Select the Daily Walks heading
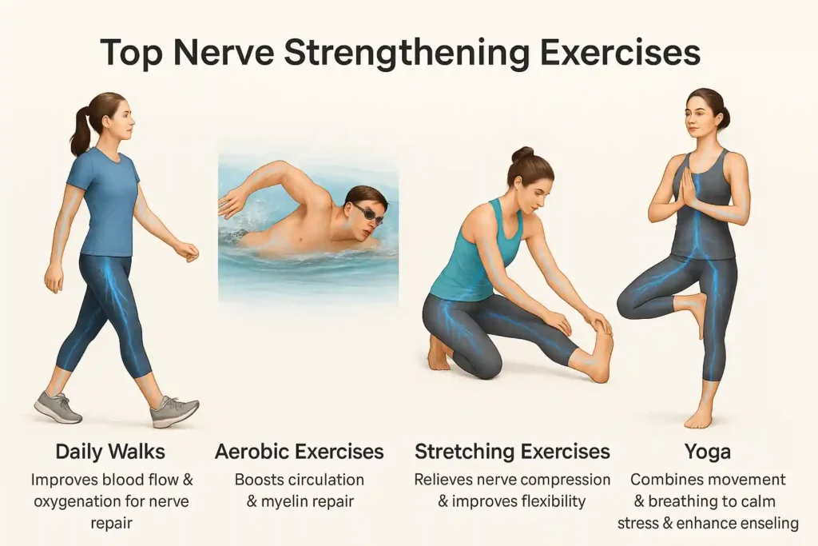coord(110,452)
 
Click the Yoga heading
coord(708,452)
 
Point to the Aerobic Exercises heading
coord(300,452)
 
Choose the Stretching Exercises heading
coord(512,452)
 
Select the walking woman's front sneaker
coord(174,412)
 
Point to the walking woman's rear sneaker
coord(58,407)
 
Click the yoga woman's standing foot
coord(698,416)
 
